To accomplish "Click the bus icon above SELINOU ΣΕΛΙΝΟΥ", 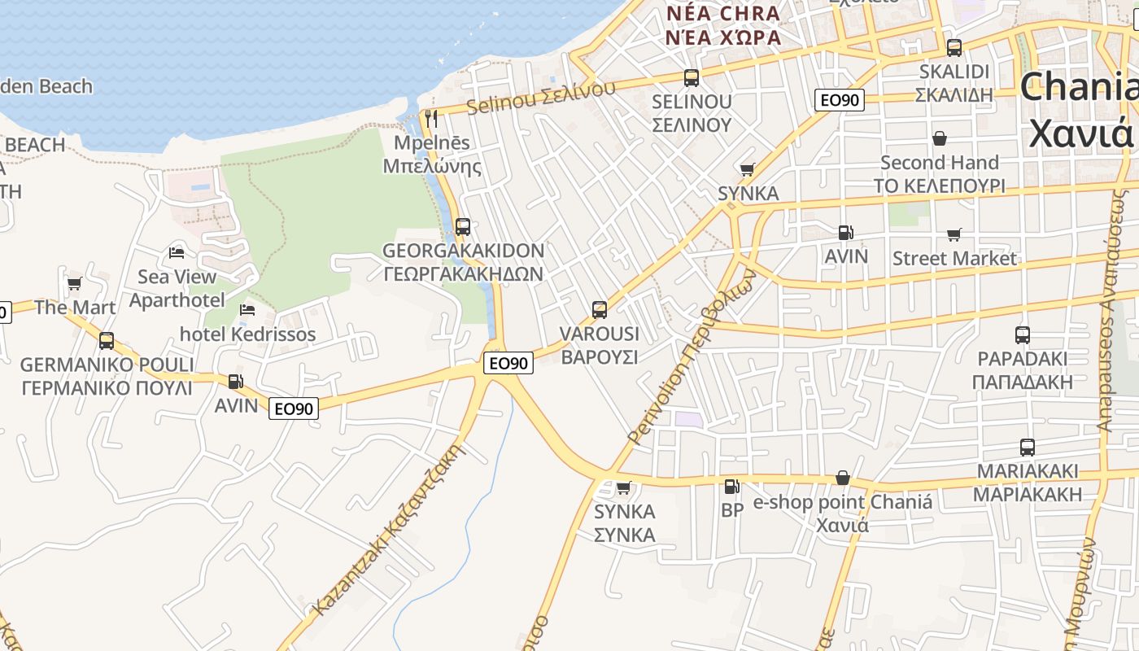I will [x=692, y=78].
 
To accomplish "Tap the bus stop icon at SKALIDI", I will [x=954, y=47].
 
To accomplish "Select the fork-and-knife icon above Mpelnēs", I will [x=431, y=119].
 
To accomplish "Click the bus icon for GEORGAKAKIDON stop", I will [x=463, y=227].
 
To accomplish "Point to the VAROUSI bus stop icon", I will [x=600, y=309].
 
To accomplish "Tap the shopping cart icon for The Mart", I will [x=75, y=284].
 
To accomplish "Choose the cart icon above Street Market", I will [x=954, y=235].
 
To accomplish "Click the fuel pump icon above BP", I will [x=731, y=487].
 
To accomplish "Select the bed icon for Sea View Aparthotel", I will [x=177, y=253].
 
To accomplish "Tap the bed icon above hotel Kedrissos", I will [x=247, y=310].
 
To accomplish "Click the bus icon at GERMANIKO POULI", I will [x=107, y=341].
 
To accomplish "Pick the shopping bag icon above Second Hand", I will [x=940, y=139].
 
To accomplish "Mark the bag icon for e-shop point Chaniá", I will [x=843, y=478].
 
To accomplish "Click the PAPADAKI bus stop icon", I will [x=1023, y=334].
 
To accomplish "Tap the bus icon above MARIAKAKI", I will [x=1028, y=447].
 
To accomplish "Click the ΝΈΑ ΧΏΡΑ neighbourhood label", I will [x=723, y=37].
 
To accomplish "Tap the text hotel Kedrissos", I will [x=247, y=334].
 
